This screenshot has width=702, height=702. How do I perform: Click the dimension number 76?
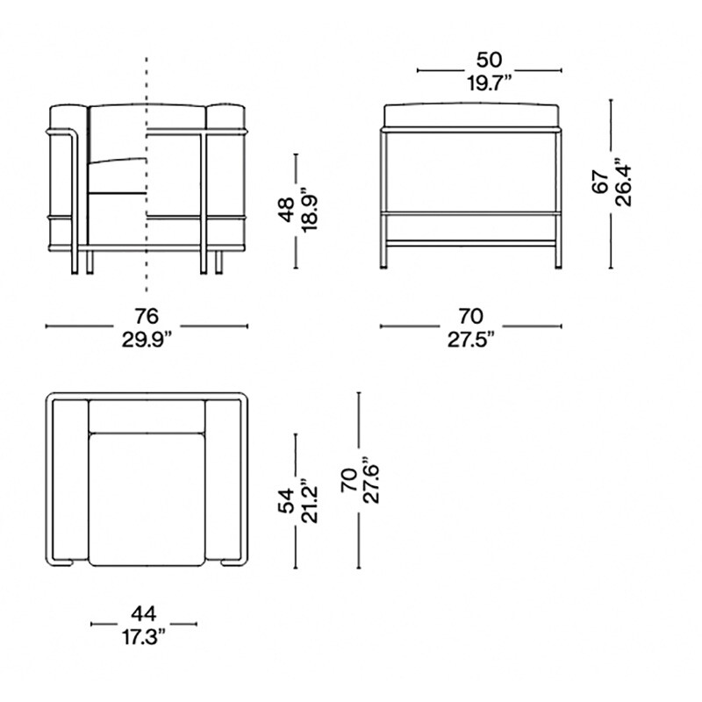[147, 316]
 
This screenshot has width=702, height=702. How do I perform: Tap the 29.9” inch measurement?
[147, 340]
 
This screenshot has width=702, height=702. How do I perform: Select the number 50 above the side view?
[489, 60]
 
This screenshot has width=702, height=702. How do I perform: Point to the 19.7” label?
[489, 83]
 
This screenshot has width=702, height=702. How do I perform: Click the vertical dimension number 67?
[600, 182]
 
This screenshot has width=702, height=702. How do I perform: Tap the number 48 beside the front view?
[286, 209]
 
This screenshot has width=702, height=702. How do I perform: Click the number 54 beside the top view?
[286, 500]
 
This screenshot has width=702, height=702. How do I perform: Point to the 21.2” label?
[309, 499]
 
